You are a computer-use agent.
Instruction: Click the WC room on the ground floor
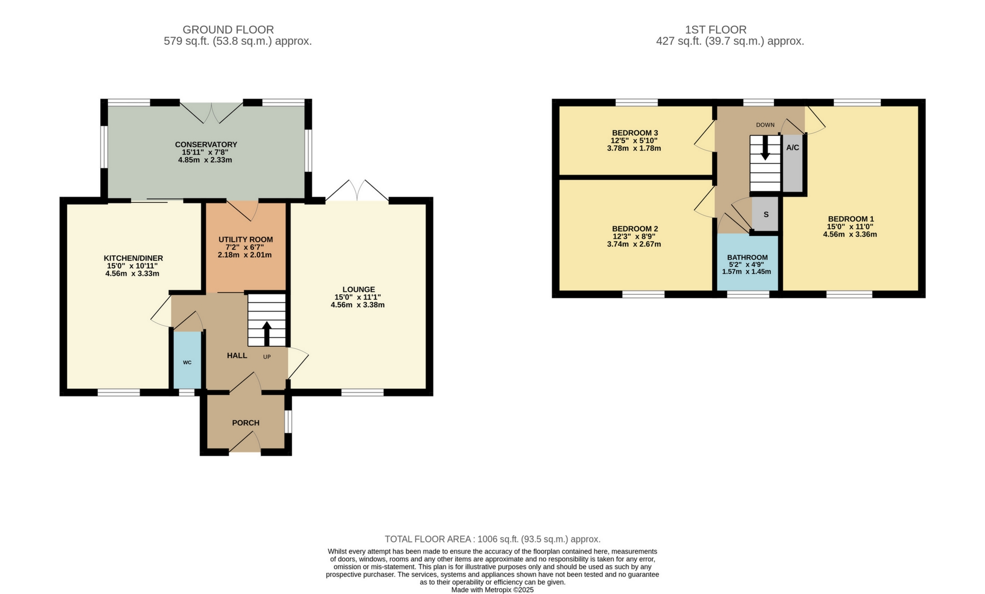tap(187, 362)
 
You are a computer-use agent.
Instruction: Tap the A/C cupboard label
tap(792, 147)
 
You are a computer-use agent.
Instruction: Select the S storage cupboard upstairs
tap(766, 215)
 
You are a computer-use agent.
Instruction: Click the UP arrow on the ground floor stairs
tap(267, 333)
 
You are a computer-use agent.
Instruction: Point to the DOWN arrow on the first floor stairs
tap(765, 147)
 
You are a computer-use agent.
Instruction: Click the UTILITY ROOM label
tap(246, 239)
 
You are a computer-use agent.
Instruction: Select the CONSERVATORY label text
tap(206, 144)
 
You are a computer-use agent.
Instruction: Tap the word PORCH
tap(246, 423)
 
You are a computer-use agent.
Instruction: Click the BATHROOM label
tap(747, 257)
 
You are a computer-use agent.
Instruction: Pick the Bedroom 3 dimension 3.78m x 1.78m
tap(634, 148)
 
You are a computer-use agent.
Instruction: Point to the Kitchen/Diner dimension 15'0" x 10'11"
tap(132, 266)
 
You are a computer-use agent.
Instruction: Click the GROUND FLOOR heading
tap(228, 30)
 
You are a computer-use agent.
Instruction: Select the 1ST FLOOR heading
tap(716, 30)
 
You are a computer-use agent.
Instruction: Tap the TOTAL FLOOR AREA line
tap(492, 539)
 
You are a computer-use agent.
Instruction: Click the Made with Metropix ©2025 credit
tap(492, 590)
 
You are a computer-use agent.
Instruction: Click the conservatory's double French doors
tap(211, 111)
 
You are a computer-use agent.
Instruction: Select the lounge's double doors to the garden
tap(357, 191)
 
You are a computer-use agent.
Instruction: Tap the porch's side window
tap(288, 422)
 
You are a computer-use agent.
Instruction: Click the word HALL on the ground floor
tap(237, 356)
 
